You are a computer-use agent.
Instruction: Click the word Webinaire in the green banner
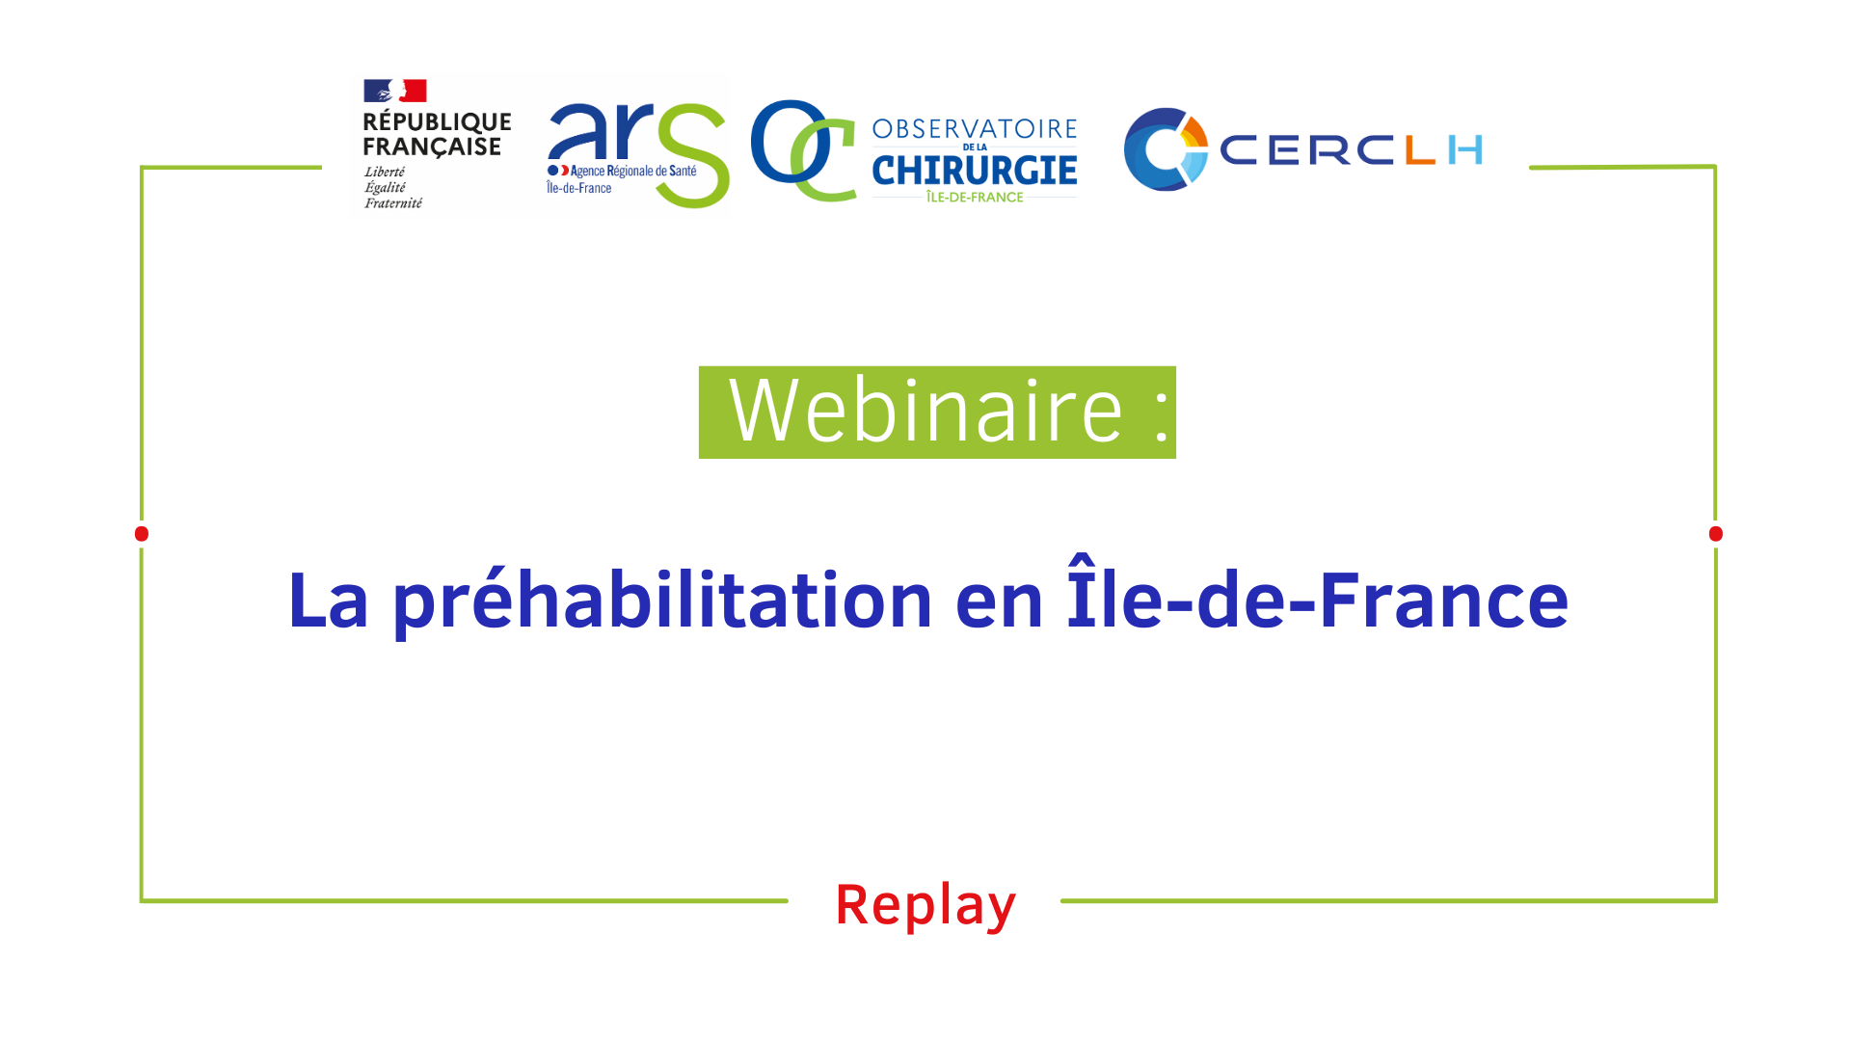click(x=925, y=412)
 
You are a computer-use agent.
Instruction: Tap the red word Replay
click(x=925, y=905)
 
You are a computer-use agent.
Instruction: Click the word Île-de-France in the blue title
click(x=1318, y=594)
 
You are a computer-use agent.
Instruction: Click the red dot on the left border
click(x=142, y=534)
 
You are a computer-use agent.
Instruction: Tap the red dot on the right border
click(x=1715, y=534)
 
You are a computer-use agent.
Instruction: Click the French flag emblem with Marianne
click(x=394, y=91)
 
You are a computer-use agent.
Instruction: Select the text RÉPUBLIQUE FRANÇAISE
click(x=437, y=134)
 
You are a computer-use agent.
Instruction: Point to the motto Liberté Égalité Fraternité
click(x=393, y=187)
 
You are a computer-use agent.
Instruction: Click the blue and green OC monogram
click(x=803, y=150)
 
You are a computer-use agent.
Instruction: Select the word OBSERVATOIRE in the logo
click(x=975, y=129)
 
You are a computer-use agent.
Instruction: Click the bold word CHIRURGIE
click(x=975, y=171)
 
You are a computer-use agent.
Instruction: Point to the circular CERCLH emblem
click(x=1166, y=149)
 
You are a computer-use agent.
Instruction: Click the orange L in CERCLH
click(x=1421, y=150)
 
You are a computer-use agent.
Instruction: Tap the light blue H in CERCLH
click(x=1465, y=150)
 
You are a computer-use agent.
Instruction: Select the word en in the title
click(x=1000, y=603)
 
